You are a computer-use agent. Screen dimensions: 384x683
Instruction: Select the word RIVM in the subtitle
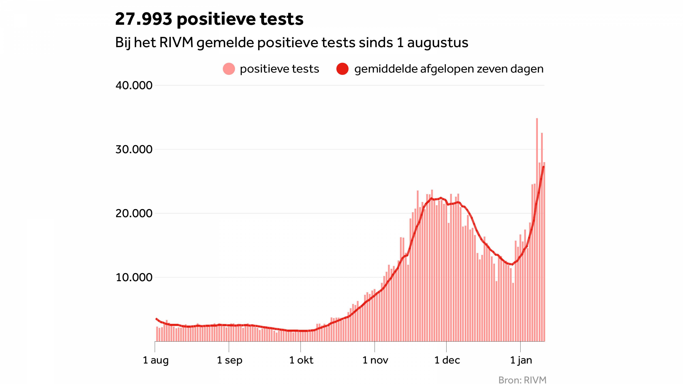click(176, 43)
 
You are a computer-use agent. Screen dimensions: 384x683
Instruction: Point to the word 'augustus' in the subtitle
click(438, 43)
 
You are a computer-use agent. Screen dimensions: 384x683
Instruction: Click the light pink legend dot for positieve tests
click(229, 69)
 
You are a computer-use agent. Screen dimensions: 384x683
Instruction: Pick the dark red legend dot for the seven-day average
click(342, 69)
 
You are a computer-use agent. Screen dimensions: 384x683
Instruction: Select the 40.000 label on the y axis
click(134, 85)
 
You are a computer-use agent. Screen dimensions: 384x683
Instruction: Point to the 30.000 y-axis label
click(134, 150)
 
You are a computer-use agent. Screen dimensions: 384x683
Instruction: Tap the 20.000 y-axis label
click(134, 213)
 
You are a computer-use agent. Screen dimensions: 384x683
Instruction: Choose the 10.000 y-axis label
click(134, 278)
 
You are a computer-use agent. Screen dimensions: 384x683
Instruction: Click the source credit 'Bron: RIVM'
click(522, 380)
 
